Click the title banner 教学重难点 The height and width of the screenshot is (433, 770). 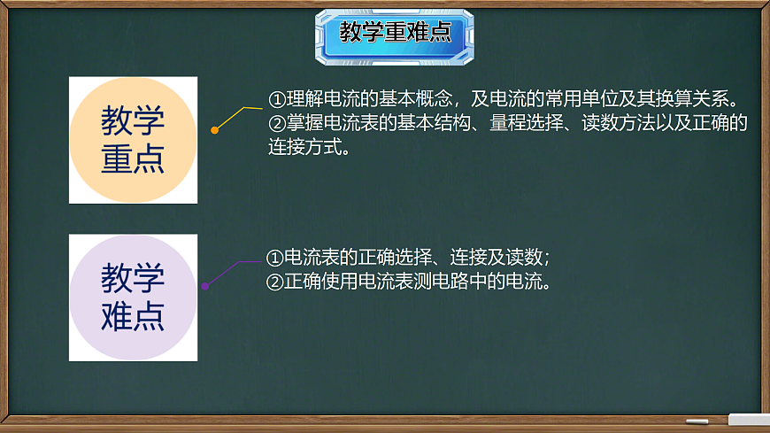coord(395,35)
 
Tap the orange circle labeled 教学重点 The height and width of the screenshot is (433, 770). coord(133,140)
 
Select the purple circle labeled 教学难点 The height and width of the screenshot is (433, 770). coord(133,298)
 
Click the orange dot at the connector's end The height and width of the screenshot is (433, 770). coord(214,130)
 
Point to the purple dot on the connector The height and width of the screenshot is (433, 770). coord(205,286)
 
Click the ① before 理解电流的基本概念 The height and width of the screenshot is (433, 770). coord(277,98)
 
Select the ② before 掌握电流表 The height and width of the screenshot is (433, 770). coord(277,122)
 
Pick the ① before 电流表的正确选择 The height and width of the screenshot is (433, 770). coord(275,258)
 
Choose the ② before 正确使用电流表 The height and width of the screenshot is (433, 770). coord(275,282)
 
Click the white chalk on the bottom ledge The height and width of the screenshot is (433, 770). coord(697,421)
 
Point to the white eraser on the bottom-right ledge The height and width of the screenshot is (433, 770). coord(747,418)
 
